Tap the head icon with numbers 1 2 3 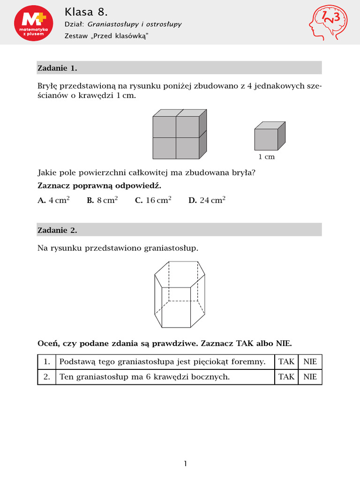[x=329, y=23]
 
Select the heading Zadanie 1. [x=57, y=68]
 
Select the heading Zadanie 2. [x=57, y=230]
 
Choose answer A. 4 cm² [x=53, y=200]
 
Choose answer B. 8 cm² [x=102, y=200]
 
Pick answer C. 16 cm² [x=153, y=200]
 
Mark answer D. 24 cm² [x=207, y=200]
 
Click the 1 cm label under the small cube [x=266, y=157]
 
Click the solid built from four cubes [x=180, y=134]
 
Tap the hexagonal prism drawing [x=180, y=294]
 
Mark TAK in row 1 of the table [x=286, y=362]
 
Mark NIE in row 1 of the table [x=310, y=362]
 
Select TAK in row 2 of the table [x=286, y=376]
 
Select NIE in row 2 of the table [x=310, y=376]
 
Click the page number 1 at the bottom [x=186, y=464]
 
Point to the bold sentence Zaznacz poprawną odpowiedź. [x=99, y=186]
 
